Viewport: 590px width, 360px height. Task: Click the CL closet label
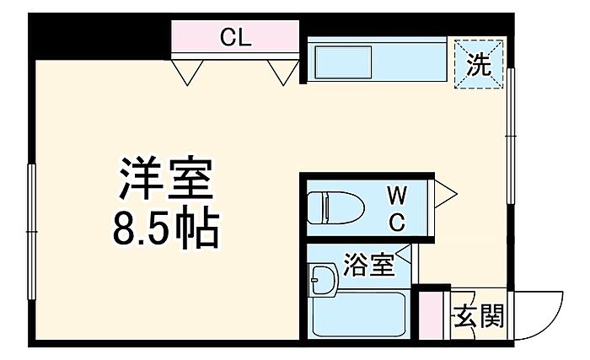click(x=235, y=37)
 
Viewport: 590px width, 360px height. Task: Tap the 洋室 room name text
click(x=166, y=178)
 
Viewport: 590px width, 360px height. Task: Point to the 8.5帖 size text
click(x=166, y=228)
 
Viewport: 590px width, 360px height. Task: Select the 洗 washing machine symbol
click(x=479, y=64)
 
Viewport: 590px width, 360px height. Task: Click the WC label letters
click(x=397, y=209)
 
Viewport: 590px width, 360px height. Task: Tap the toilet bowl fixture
click(x=335, y=207)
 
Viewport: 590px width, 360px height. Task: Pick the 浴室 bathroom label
click(x=369, y=264)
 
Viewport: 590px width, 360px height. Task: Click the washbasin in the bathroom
click(x=323, y=280)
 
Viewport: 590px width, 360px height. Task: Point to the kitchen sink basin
click(x=343, y=62)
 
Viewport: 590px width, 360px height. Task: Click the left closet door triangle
click(x=187, y=73)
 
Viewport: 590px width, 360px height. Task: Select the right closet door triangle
click(x=284, y=73)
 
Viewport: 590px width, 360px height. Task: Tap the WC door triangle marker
click(x=446, y=194)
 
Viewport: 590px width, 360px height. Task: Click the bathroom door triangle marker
click(x=405, y=253)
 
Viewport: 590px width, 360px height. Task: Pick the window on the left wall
click(x=32, y=232)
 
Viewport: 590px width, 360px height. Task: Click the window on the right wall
click(x=511, y=136)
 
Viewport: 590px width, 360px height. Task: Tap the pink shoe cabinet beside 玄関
click(x=432, y=315)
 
